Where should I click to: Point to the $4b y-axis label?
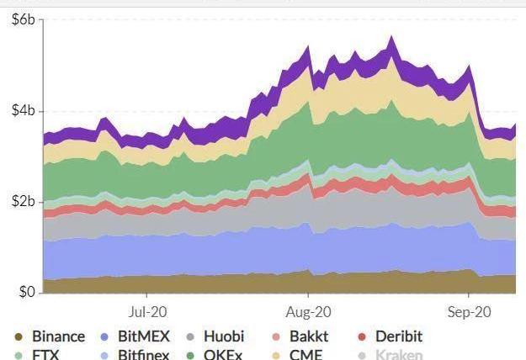pos(23,111)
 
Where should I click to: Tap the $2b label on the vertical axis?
pos(23,202)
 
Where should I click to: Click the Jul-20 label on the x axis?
pos(146,310)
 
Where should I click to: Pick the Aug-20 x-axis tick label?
pos(308,310)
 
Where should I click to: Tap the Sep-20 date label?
pos(469,310)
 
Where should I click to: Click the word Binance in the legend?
pos(58,336)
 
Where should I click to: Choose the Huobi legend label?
pos(223,336)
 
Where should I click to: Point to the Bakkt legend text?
pos(309,336)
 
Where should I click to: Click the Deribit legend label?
pos(395,336)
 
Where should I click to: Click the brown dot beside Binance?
pos(18,337)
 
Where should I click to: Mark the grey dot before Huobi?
pos(189,337)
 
